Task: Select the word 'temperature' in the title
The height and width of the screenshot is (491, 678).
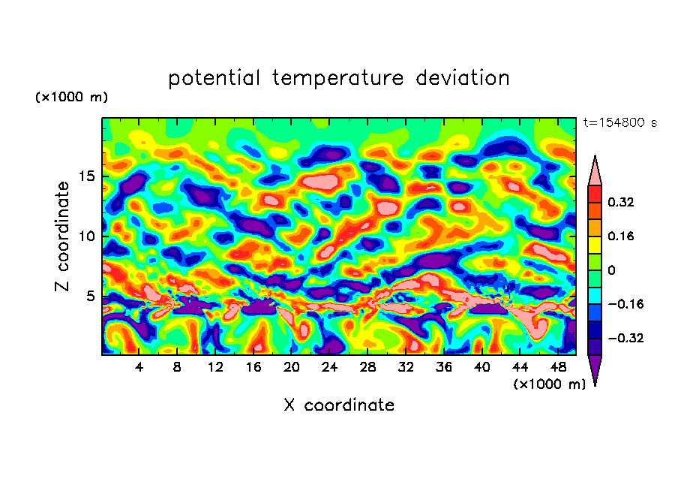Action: tap(338, 79)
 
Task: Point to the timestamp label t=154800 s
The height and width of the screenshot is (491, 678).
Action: tap(619, 122)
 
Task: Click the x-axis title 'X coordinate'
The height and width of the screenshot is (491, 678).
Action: tap(339, 405)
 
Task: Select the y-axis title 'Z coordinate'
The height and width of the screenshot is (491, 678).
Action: tap(63, 236)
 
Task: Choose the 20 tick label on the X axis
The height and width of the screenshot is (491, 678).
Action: tap(292, 367)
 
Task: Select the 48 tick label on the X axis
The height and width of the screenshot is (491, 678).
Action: tap(558, 367)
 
